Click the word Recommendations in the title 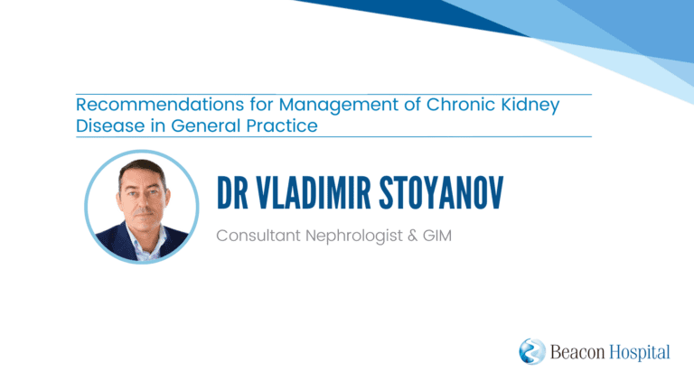[x=160, y=105]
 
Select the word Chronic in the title [x=460, y=105]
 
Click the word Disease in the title [x=109, y=125]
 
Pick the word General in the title [x=205, y=125]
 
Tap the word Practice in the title [x=282, y=125]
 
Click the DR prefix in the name [x=232, y=192]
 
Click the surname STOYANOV [x=441, y=192]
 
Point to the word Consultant [x=258, y=236]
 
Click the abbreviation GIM [x=436, y=236]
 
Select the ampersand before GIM [x=412, y=236]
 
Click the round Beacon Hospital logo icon [x=532, y=351]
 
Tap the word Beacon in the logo [x=577, y=352]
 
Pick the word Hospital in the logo [x=640, y=353]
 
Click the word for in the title [x=260, y=105]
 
